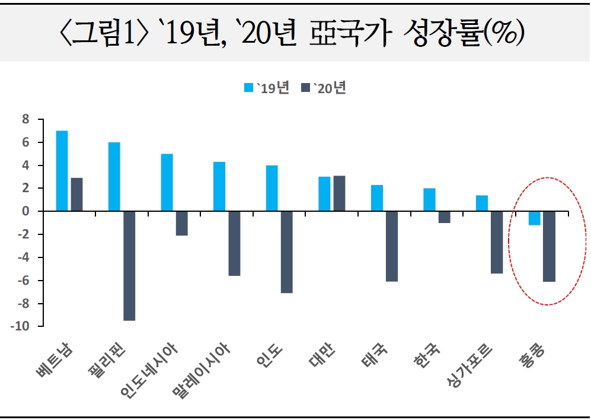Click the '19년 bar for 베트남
pyautogui.click(x=62, y=171)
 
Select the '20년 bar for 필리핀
pyautogui.click(x=129, y=266)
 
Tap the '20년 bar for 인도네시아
pyautogui.click(x=181, y=224)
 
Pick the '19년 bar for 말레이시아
pyautogui.click(x=219, y=186)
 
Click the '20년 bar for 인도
pyautogui.click(x=287, y=252)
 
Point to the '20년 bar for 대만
pyautogui.click(x=339, y=193)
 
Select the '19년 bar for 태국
pyautogui.click(x=377, y=198)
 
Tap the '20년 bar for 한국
pyautogui.click(x=444, y=217)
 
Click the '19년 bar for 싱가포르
pyautogui.click(x=482, y=203)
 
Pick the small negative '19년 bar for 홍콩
pyautogui.click(x=534, y=218)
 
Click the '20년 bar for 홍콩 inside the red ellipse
pyautogui.click(x=549, y=246)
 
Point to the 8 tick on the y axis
pyautogui.click(x=25, y=119)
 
